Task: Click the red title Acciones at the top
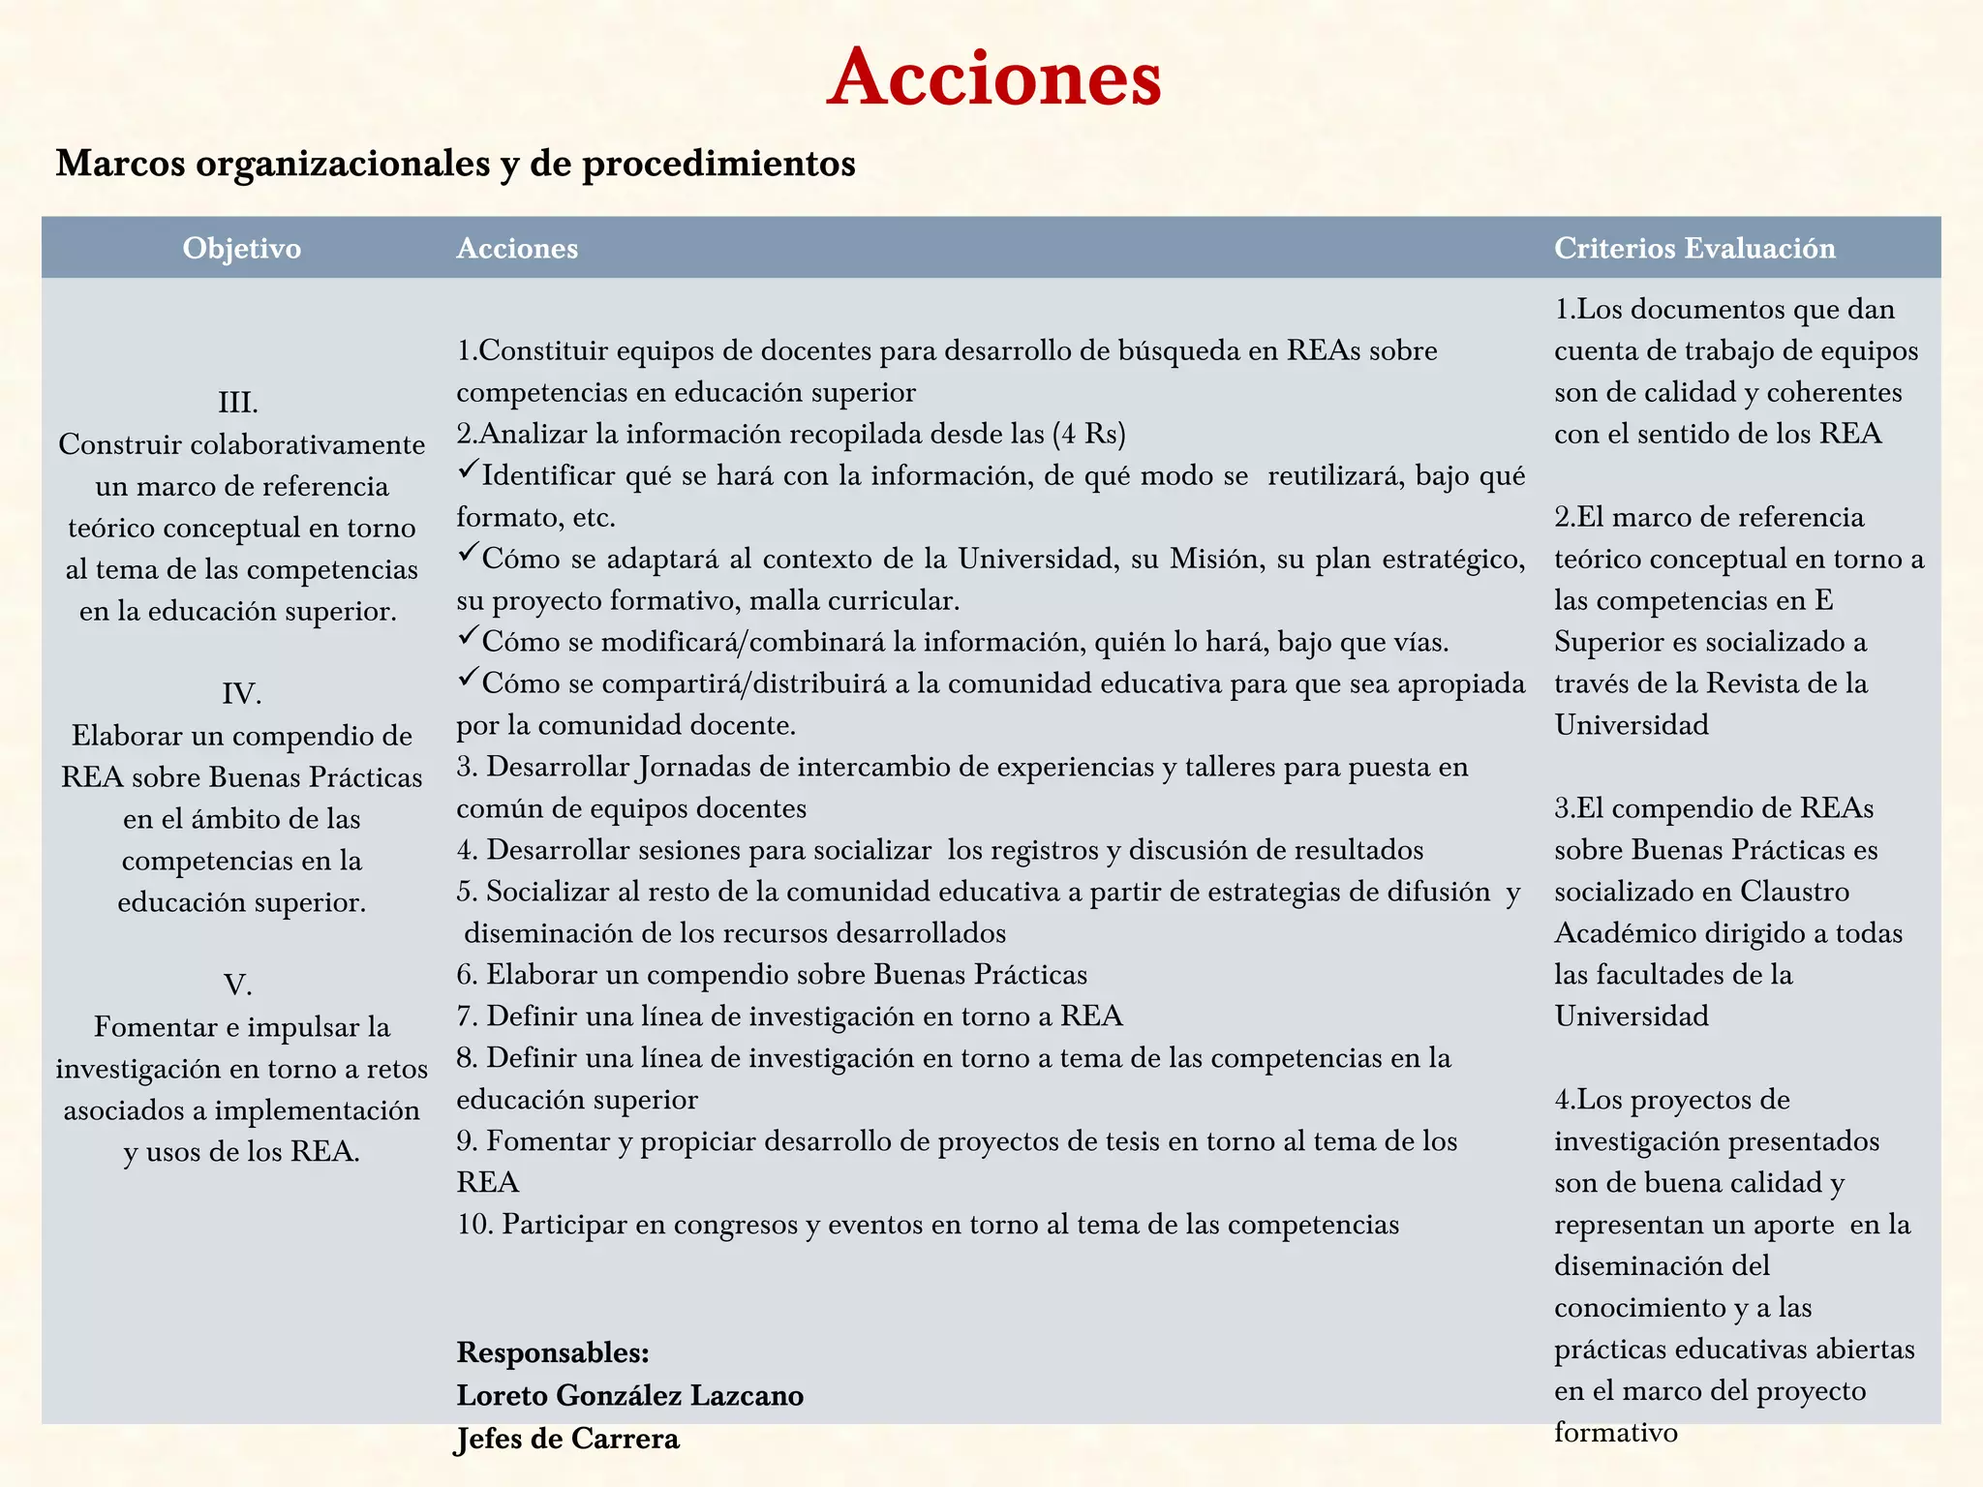point(993,77)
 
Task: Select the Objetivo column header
point(241,248)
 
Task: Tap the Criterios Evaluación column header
point(1694,248)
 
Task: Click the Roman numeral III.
point(238,402)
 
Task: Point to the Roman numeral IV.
point(241,693)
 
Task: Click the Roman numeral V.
point(238,985)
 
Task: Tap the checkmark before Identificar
point(468,470)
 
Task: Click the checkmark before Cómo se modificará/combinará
point(468,636)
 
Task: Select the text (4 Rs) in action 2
point(1089,433)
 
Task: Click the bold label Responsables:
point(553,1352)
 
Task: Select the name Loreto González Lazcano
point(629,1395)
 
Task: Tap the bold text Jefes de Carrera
point(567,1439)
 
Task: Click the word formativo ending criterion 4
point(1616,1432)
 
